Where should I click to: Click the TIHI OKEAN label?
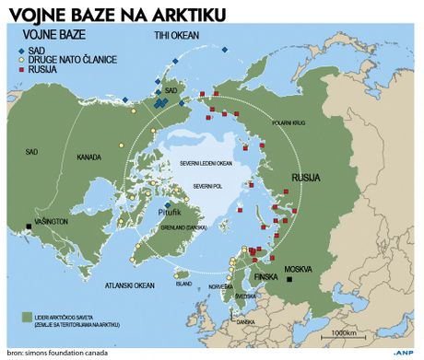coord(176,35)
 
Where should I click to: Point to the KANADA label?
coord(90,156)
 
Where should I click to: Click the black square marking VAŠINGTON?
coord(30,226)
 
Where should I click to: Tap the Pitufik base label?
coord(158,212)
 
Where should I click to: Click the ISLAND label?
coord(183,284)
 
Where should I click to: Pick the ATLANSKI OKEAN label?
coord(129,285)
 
